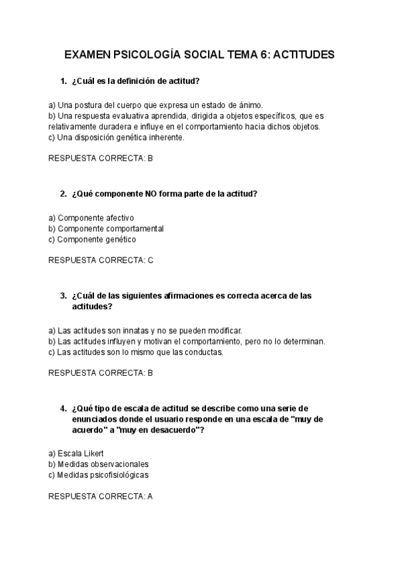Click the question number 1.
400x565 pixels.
click(x=63, y=81)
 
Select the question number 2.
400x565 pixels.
click(x=63, y=194)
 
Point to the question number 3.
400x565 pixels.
click(x=63, y=296)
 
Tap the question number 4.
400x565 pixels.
click(x=63, y=408)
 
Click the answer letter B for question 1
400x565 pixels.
click(x=150, y=159)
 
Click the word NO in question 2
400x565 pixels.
click(x=152, y=194)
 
